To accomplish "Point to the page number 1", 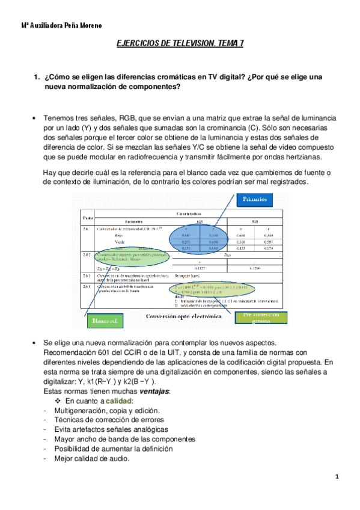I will tap(338, 477).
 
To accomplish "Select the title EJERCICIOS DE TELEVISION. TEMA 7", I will tap(178, 44).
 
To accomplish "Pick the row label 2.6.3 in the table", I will tap(87, 275).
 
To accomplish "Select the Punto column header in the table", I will tap(87, 217).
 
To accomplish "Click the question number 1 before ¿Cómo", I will tap(37, 77).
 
